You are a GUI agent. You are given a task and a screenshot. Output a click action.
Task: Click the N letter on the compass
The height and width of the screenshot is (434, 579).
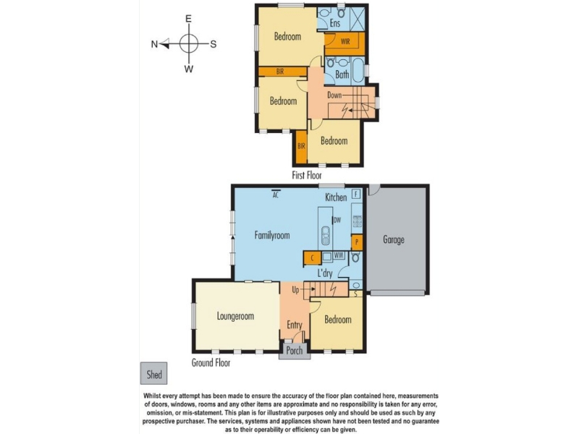(154, 44)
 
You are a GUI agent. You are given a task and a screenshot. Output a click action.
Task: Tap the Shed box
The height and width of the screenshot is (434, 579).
(153, 373)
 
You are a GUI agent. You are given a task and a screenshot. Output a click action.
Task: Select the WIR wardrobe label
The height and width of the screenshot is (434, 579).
(345, 41)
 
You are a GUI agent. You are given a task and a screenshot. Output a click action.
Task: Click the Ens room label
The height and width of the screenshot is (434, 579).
(335, 23)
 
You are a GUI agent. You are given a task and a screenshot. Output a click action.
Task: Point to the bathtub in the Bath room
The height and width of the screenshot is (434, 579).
(358, 70)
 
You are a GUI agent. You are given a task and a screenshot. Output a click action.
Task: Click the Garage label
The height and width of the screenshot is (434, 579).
(394, 239)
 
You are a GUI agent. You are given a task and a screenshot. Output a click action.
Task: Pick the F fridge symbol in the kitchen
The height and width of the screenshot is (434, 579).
(356, 194)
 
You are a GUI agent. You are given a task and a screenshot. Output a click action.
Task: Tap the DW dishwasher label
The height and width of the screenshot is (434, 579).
(337, 220)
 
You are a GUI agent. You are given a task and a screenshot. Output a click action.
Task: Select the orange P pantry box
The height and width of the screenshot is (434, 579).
(357, 242)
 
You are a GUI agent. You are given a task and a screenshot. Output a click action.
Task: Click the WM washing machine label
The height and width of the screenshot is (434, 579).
(339, 255)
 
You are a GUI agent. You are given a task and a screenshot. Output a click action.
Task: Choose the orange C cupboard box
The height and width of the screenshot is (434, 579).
(312, 258)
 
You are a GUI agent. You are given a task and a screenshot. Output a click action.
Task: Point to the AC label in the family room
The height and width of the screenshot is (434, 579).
(275, 195)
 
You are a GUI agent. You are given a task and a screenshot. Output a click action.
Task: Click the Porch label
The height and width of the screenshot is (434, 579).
(295, 350)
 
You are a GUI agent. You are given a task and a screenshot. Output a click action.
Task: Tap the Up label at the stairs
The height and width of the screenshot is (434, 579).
(295, 290)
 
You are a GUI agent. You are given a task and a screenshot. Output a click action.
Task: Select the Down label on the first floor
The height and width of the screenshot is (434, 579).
(334, 95)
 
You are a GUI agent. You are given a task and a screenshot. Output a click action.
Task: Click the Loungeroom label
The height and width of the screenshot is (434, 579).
(235, 316)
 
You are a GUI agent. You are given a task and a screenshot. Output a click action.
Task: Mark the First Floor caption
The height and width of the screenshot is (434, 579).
(306, 175)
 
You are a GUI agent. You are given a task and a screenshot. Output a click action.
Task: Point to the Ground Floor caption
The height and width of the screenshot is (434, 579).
(211, 362)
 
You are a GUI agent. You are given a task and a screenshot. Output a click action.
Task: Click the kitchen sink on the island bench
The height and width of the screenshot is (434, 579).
(325, 236)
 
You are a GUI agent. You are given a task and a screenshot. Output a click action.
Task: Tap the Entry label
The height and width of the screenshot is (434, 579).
(295, 325)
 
